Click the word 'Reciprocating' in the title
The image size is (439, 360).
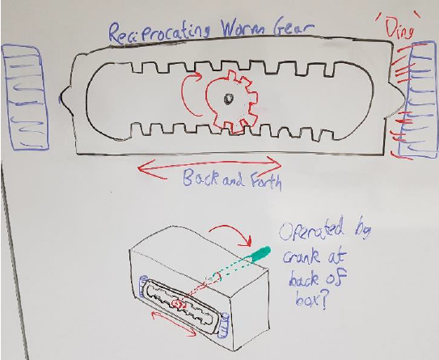click(159, 33)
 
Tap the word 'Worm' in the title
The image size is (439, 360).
click(243, 28)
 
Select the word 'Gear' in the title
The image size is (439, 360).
click(293, 29)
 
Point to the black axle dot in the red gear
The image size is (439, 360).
click(229, 99)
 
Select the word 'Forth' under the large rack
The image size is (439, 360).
click(266, 181)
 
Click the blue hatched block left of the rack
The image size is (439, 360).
click(26, 97)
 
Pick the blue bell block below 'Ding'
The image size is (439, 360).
click(418, 100)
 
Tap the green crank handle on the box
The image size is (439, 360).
click(259, 253)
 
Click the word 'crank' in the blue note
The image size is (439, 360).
click(302, 256)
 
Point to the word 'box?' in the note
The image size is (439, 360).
click(311, 300)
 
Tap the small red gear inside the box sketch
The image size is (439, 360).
click(177, 303)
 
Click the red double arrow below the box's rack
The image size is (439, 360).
click(174, 324)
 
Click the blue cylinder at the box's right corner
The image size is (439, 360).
click(224, 325)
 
